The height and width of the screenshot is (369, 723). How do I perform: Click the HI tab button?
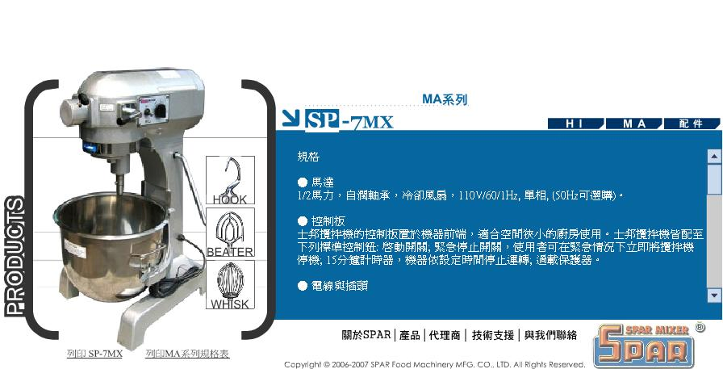[575, 124]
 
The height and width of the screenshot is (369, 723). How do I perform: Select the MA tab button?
[634, 124]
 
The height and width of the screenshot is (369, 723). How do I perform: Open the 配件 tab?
[692, 124]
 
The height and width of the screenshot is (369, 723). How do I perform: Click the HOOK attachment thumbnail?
[230, 180]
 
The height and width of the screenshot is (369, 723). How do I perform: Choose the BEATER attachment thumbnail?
[230, 233]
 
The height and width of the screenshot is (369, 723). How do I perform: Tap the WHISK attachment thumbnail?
[230, 284]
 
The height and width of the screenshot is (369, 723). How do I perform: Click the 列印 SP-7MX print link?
[94, 354]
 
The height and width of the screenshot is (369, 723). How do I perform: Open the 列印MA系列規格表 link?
[187, 354]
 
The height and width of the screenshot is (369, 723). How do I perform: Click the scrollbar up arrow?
[714, 157]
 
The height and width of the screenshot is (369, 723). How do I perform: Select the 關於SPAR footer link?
[366, 335]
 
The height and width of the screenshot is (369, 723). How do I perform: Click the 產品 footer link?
[409, 335]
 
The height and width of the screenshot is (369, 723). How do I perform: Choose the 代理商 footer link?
[445, 335]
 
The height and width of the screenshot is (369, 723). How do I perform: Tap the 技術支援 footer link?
[493, 335]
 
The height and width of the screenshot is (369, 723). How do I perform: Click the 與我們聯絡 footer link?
[550, 335]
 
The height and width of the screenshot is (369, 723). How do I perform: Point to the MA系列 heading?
[445, 99]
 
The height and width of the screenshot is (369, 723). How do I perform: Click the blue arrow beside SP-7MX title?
[291, 118]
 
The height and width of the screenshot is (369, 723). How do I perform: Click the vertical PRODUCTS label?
[15, 257]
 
